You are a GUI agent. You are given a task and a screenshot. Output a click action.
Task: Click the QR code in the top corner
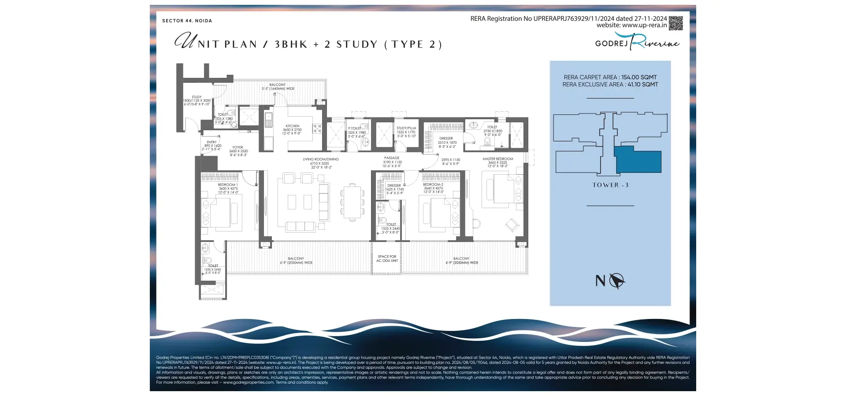(675, 23)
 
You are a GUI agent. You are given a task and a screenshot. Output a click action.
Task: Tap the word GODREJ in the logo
(611, 43)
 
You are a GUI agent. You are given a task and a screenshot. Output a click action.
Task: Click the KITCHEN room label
(292, 126)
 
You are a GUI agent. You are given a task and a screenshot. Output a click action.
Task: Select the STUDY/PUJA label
(406, 128)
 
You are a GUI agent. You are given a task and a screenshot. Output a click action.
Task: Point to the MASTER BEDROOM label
(497, 159)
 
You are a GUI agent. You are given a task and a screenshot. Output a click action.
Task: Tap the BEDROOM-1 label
(228, 185)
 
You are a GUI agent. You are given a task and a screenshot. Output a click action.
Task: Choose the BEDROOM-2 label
(433, 185)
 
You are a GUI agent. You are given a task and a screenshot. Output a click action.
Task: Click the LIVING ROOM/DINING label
(320, 159)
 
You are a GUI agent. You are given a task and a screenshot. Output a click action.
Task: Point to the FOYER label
(238, 147)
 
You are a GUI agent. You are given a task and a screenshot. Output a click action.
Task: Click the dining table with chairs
(352, 202)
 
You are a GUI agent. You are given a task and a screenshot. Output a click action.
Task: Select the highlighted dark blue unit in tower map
(638, 161)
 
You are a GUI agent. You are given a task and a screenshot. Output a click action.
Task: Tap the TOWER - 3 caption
(610, 185)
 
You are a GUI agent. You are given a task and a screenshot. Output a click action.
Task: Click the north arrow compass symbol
(617, 280)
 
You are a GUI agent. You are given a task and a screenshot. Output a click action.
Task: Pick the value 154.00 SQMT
(639, 77)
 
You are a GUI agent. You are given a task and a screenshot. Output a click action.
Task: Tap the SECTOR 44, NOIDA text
(187, 21)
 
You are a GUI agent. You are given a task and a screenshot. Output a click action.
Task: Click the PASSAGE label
(392, 158)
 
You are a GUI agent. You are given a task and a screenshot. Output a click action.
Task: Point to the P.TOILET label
(354, 128)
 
